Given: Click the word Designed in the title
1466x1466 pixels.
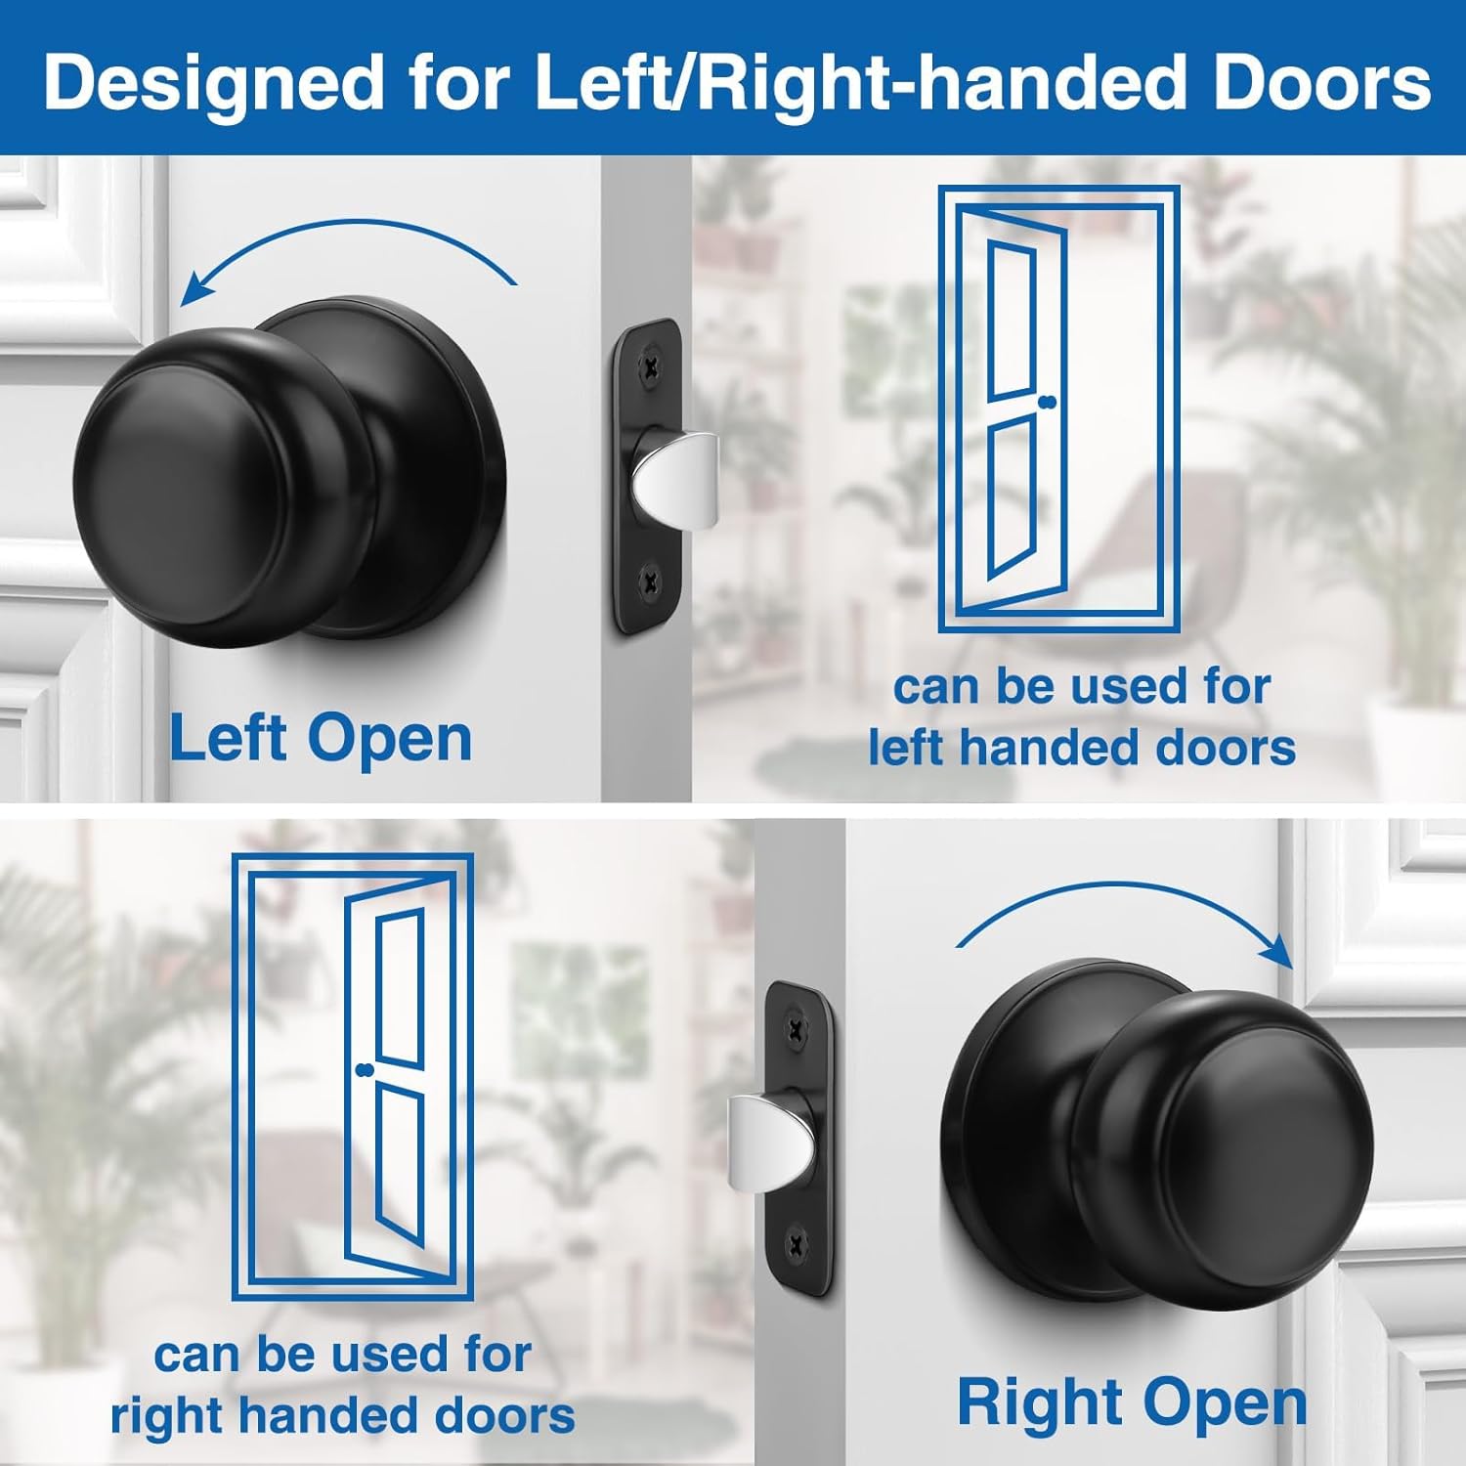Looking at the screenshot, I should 212,83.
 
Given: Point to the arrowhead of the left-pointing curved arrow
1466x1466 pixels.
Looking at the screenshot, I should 195,290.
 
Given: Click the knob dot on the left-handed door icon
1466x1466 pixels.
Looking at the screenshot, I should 1051,403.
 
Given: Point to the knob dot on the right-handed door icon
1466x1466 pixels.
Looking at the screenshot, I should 366,1070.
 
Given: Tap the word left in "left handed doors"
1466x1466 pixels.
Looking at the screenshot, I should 906,748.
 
